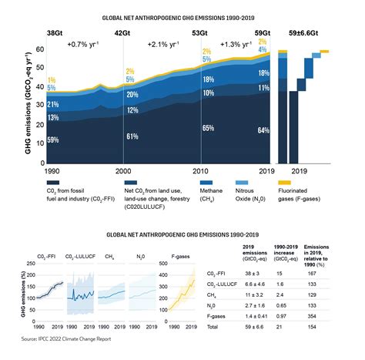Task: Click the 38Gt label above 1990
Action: coord(55,33)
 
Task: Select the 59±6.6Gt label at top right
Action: coord(306,33)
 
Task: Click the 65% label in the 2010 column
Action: coord(208,127)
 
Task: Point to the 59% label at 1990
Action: coord(53,140)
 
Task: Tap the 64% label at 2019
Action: coord(263,130)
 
